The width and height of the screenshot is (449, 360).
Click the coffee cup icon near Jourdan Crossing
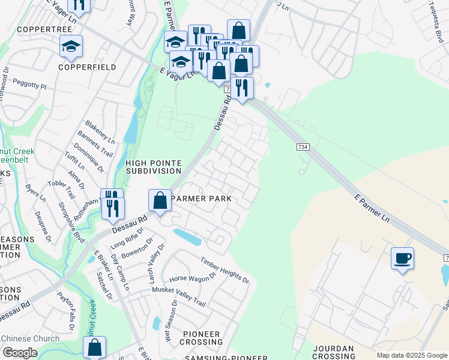click(402, 259)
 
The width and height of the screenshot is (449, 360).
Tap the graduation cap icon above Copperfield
click(71, 47)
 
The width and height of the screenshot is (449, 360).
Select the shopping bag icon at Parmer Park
click(160, 200)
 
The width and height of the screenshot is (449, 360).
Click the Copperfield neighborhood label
click(87, 67)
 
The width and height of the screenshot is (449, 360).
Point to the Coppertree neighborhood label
click(41, 29)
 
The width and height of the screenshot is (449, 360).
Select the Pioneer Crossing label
click(202, 338)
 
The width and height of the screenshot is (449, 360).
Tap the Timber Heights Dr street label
click(224, 269)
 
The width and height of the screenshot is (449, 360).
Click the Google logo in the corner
click(20, 353)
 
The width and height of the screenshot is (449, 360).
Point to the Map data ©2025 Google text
click(411, 355)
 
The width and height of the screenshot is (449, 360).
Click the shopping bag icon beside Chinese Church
click(95, 347)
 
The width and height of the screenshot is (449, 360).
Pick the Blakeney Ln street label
click(99, 128)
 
